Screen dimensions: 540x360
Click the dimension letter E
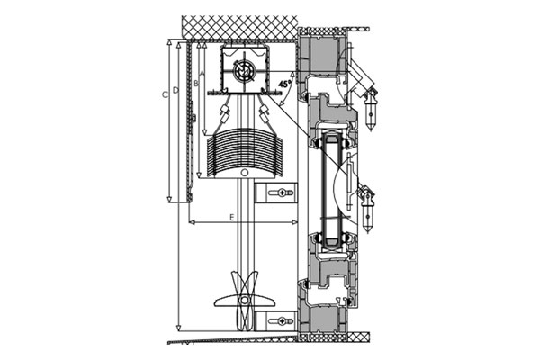coord(232,218)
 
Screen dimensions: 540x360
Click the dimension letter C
coord(165,94)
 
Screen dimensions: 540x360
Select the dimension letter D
coord(175,90)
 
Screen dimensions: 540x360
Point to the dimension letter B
coord(195,84)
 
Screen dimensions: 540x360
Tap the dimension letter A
coord(202,74)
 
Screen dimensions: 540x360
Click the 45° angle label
coord(284,84)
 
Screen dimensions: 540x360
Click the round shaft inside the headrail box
coord(243,70)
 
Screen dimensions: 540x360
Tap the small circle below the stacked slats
coord(244,173)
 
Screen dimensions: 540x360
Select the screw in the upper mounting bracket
coord(282,193)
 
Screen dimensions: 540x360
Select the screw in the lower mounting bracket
coord(282,322)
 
